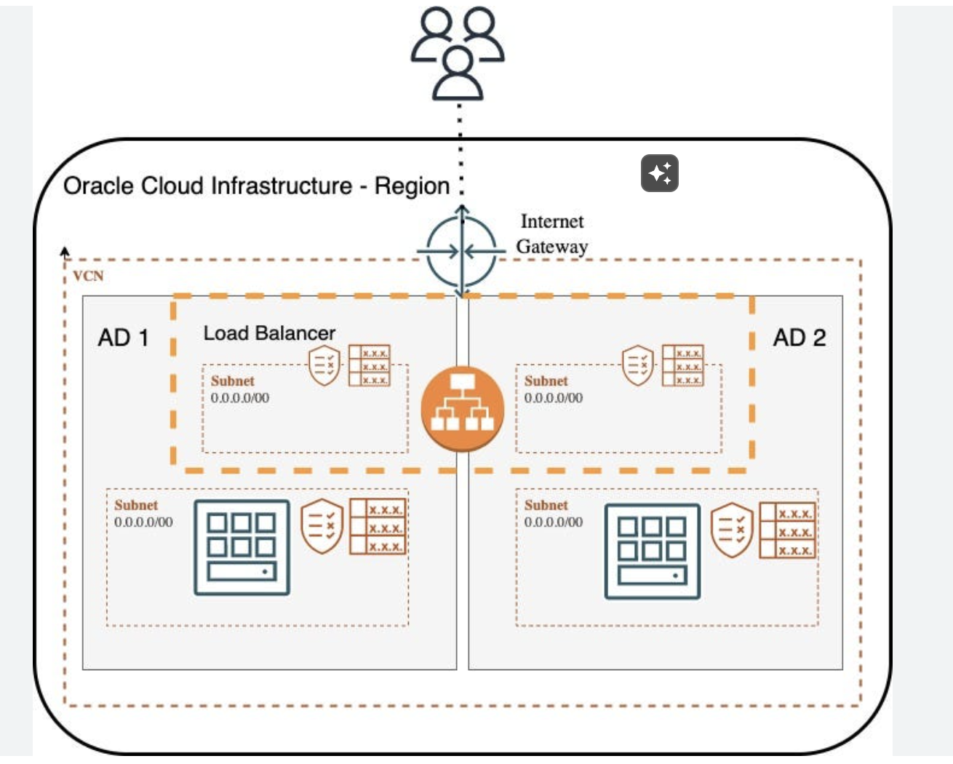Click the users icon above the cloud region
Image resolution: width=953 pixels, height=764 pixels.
coord(458,52)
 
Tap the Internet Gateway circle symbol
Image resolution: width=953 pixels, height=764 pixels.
coord(461,252)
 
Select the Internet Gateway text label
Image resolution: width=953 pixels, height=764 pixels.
coord(552,234)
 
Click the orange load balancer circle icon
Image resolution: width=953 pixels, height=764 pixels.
coord(462,408)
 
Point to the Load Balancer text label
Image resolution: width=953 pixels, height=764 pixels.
coord(269,333)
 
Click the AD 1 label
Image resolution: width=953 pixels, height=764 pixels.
coord(123,338)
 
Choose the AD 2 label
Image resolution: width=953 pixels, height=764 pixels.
coord(799,338)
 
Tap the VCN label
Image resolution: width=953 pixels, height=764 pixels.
coord(88,276)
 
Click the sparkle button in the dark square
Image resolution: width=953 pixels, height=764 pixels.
coord(660,173)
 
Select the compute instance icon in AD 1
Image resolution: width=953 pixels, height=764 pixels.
coord(242,547)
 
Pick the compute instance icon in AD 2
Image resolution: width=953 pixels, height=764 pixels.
coord(652,552)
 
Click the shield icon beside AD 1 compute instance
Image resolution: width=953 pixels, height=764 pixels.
coord(322,525)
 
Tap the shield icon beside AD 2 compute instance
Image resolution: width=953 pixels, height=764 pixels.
coord(731,530)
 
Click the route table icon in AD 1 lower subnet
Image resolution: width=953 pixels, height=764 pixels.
coord(378,527)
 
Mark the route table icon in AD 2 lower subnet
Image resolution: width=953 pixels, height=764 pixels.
coord(787,530)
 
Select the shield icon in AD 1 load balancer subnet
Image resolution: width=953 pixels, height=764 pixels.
coord(324,365)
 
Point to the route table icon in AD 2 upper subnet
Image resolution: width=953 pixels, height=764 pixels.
coord(683,365)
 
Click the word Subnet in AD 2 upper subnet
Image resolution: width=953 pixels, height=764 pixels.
coord(546,381)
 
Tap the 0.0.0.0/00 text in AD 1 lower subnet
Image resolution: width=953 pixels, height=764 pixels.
coord(143,522)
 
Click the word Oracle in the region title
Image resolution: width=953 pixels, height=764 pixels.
coord(97,186)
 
